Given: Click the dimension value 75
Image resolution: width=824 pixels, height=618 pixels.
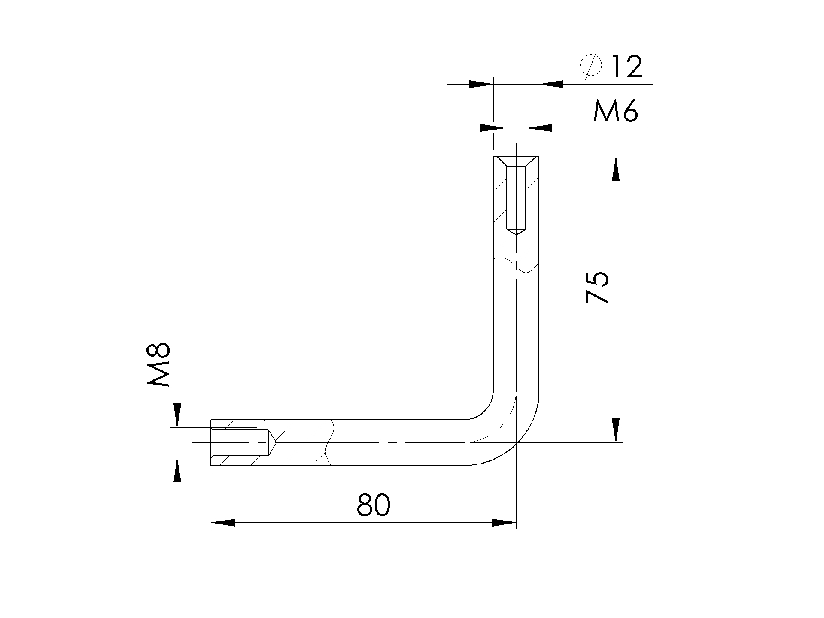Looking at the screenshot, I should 597,288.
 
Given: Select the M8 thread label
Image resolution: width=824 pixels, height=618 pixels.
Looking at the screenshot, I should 159,365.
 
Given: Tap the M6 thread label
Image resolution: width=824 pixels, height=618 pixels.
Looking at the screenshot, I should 615,111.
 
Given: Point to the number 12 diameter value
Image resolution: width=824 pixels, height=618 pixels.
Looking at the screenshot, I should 625,67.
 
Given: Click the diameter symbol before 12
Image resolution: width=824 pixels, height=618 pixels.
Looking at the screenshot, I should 591,65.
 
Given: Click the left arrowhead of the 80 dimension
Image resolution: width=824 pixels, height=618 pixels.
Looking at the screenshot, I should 223,522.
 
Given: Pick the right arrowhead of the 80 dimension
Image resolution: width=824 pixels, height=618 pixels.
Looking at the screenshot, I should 504,522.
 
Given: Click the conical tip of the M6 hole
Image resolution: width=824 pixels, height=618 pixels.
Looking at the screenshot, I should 516,231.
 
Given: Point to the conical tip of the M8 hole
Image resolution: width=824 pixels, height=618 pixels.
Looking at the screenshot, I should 272,442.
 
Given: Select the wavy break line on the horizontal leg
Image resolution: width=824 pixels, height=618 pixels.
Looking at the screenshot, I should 329,442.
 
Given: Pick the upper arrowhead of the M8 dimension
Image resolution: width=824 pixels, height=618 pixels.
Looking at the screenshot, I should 177,415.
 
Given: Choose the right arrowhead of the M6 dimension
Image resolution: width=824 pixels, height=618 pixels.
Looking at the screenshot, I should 540,127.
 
